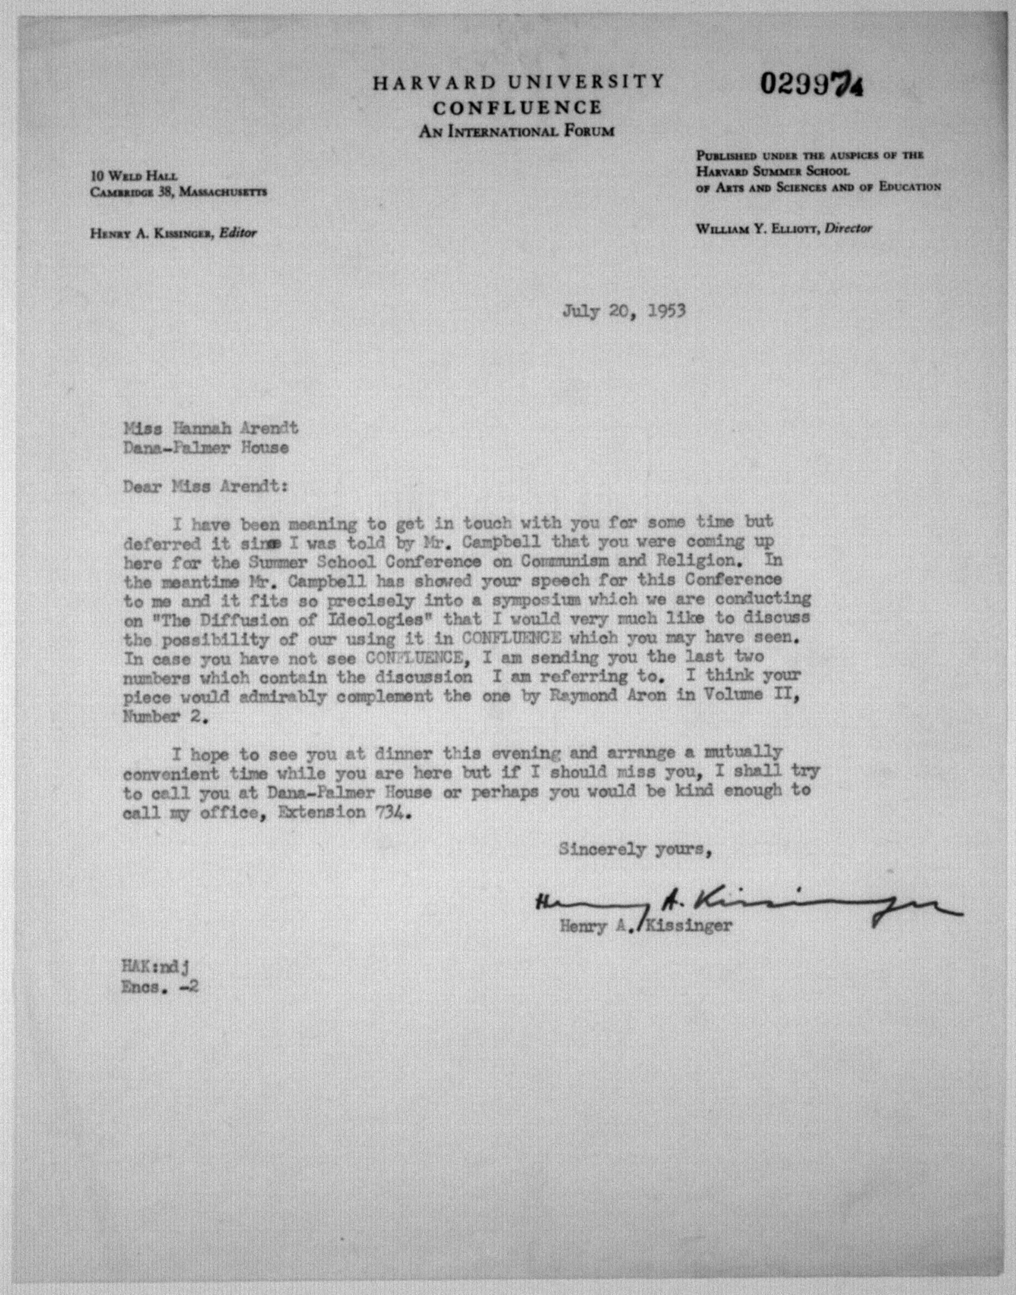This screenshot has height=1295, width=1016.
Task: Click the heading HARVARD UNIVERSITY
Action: [x=518, y=82]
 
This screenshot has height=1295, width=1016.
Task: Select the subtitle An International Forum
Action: [x=516, y=131]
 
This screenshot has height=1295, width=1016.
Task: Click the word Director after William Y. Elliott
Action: [x=848, y=228]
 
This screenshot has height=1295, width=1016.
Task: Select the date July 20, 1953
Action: [x=624, y=311]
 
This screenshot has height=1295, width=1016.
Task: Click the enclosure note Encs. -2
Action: [x=160, y=987]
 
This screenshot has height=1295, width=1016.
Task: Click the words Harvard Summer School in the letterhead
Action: [x=773, y=171]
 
